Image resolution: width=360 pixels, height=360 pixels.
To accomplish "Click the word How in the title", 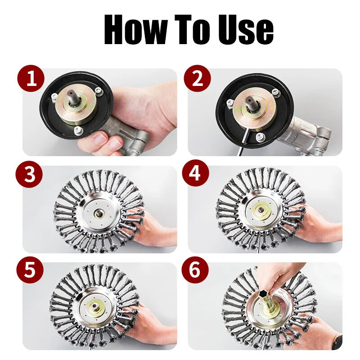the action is (x=136, y=29).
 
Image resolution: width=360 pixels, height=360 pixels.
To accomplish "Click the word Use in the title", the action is (x=246, y=29).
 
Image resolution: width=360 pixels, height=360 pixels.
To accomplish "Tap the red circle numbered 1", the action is (x=31, y=78).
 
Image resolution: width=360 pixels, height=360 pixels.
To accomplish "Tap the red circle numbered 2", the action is (x=197, y=78).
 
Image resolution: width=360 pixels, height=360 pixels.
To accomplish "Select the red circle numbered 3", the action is (x=29, y=174).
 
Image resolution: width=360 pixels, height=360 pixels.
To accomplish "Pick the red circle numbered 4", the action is (x=195, y=173).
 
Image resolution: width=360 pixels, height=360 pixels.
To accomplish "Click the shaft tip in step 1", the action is (x=71, y=94).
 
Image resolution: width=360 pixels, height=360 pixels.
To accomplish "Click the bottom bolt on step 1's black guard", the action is (x=78, y=130).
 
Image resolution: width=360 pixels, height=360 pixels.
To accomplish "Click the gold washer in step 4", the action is (x=261, y=210).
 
